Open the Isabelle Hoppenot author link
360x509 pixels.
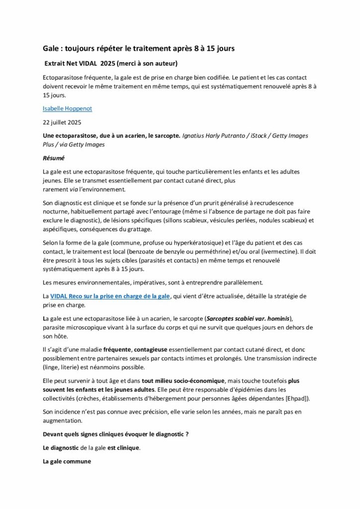tap(68, 108)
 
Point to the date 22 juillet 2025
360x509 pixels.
tap(62, 122)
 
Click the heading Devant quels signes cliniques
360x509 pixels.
tap(115, 434)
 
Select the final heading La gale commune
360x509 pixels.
tap(67, 461)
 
